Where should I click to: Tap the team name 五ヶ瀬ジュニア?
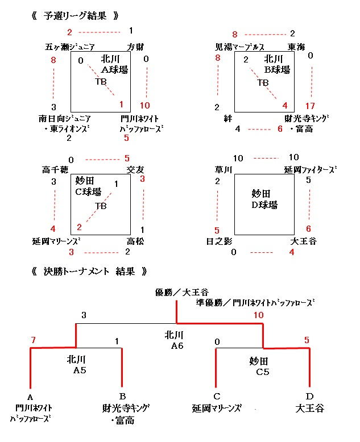(71, 47)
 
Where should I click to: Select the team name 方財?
(135, 47)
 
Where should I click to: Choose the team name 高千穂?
(54, 169)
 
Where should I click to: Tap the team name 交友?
(134, 169)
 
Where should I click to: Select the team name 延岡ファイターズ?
(309, 169)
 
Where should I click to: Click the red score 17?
(310, 105)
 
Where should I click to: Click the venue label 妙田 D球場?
(264, 199)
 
